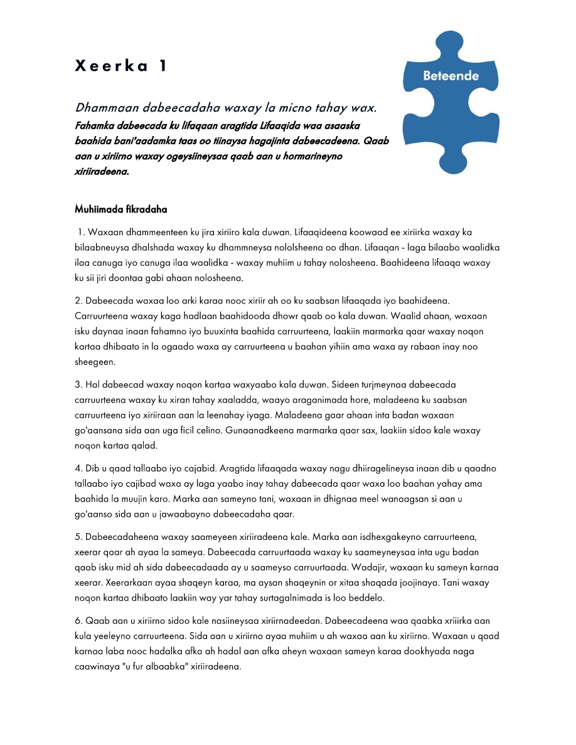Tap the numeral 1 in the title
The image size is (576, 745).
click(163, 66)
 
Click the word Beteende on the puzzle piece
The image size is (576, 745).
click(451, 76)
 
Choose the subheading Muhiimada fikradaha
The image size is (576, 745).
click(120, 208)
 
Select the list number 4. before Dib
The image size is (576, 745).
click(79, 468)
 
